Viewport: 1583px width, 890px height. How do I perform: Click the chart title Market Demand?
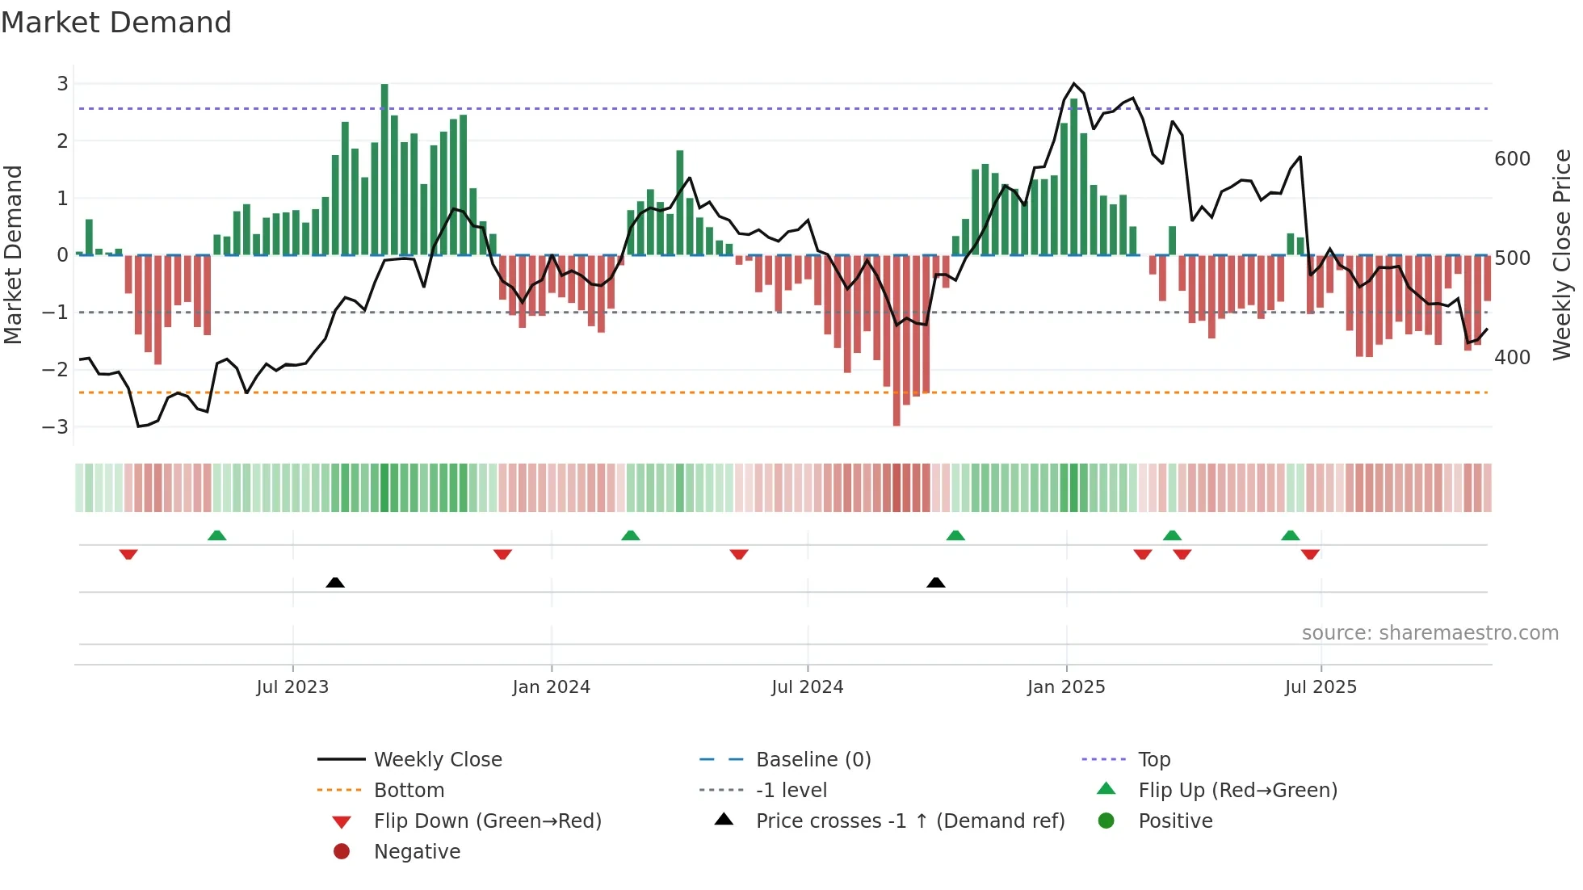coord(116,23)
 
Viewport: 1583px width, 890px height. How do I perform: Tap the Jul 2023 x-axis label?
coord(292,687)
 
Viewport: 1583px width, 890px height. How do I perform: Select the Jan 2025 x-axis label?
coord(1066,687)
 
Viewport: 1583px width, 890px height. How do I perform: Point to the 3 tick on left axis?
coord(62,84)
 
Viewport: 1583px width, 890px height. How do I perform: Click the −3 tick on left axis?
coord(57,426)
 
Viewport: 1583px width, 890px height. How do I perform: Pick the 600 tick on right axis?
coord(1512,159)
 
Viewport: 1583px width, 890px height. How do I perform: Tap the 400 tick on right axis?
coord(1512,357)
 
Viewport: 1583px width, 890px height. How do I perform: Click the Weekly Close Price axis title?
coord(1562,254)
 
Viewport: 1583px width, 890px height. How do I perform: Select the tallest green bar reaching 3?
coord(384,170)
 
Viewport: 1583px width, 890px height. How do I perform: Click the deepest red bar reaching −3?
coord(896,339)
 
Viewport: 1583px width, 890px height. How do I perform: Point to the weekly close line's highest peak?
coord(1073,84)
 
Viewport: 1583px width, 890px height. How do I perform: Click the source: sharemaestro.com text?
coord(1430,633)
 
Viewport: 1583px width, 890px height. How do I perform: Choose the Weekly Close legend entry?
coord(437,760)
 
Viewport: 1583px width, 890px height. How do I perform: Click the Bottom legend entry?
coord(409,791)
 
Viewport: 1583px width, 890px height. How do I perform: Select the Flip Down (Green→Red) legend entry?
coord(487,821)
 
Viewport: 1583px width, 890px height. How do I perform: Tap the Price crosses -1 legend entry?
coord(909,821)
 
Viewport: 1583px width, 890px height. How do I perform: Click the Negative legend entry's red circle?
coord(342,852)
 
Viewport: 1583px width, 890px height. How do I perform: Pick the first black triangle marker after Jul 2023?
coord(335,582)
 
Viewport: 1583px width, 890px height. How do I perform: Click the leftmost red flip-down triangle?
coord(128,554)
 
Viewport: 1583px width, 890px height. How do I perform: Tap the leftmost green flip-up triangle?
coord(216,535)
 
